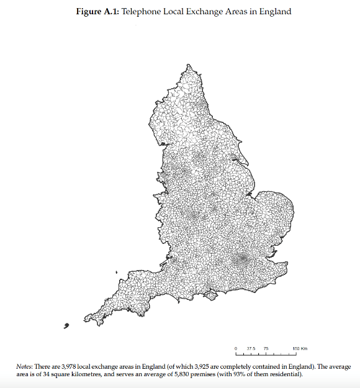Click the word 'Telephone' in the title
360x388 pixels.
(140, 12)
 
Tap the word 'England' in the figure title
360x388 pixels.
(274, 12)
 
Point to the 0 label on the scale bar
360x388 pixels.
(236, 349)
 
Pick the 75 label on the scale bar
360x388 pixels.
(266, 349)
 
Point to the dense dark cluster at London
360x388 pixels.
(241, 259)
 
